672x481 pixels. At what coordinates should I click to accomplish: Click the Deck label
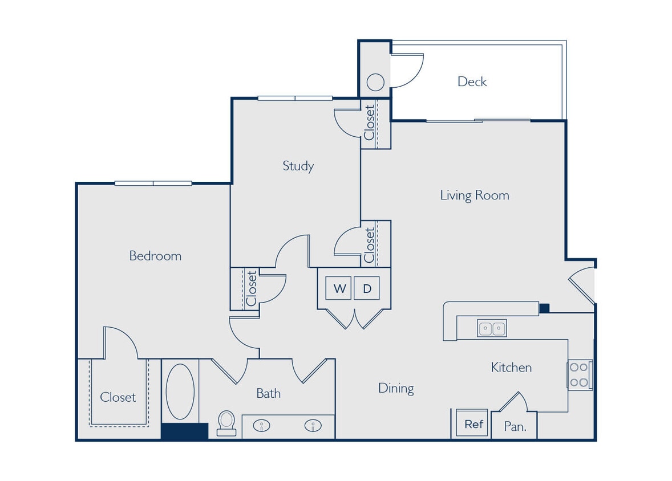472,81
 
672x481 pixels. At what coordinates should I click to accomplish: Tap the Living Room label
474,195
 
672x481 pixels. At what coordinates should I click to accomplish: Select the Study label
298,166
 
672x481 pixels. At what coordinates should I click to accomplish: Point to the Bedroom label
155,256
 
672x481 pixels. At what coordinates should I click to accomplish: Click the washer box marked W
339,288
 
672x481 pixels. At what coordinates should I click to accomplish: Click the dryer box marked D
367,288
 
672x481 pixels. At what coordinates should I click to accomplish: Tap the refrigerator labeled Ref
473,424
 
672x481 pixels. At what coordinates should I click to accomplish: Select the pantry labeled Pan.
515,426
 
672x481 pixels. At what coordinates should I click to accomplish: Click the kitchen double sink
491,328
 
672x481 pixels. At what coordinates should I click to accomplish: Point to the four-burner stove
579,374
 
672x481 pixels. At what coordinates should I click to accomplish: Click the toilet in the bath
226,422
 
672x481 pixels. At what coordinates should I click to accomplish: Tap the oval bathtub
180,392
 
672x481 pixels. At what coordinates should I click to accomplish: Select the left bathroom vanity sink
262,425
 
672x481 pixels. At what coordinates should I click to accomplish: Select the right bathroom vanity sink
312,425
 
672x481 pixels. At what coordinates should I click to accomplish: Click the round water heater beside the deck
375,83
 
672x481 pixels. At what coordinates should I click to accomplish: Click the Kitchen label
511,368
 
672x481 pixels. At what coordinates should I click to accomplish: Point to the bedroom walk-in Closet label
118,397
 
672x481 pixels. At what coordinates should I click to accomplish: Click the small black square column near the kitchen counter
544,308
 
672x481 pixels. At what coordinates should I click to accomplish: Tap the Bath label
268,393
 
